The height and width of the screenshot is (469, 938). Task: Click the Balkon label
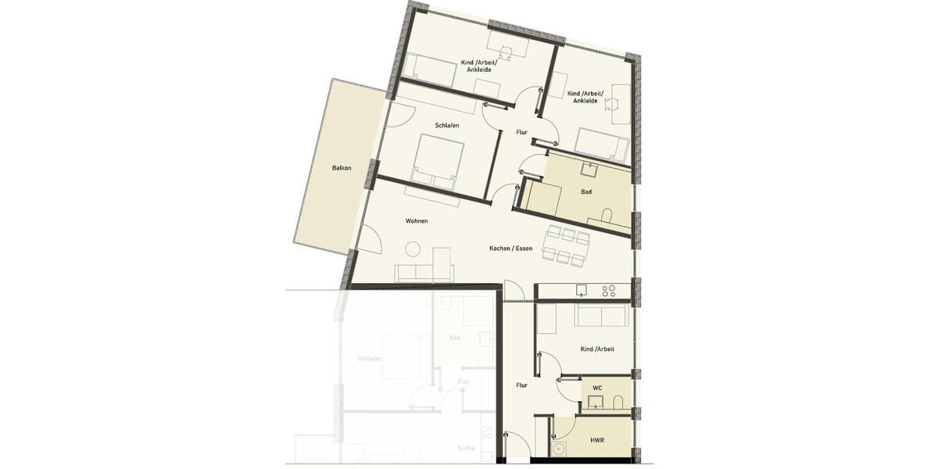[342, 168]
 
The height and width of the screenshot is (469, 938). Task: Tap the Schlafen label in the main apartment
[447, 126]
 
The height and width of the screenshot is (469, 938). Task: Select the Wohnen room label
[417, 221]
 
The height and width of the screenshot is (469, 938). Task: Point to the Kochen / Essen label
[511, 249]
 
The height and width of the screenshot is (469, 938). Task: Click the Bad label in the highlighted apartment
[586, 192]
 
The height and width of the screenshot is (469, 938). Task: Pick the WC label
[597, 388]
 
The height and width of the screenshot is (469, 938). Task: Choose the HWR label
[597, 440]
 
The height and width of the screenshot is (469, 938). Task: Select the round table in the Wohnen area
[412, 249]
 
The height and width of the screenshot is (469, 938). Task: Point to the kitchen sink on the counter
[580, 291]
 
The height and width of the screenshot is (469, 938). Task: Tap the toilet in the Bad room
[607, 214]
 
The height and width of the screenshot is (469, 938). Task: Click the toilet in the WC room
[618, 403]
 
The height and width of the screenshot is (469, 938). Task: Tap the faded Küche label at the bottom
[467, 448]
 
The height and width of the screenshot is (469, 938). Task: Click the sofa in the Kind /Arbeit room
[601, 315]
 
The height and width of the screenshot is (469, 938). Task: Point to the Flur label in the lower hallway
[521, 385]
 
